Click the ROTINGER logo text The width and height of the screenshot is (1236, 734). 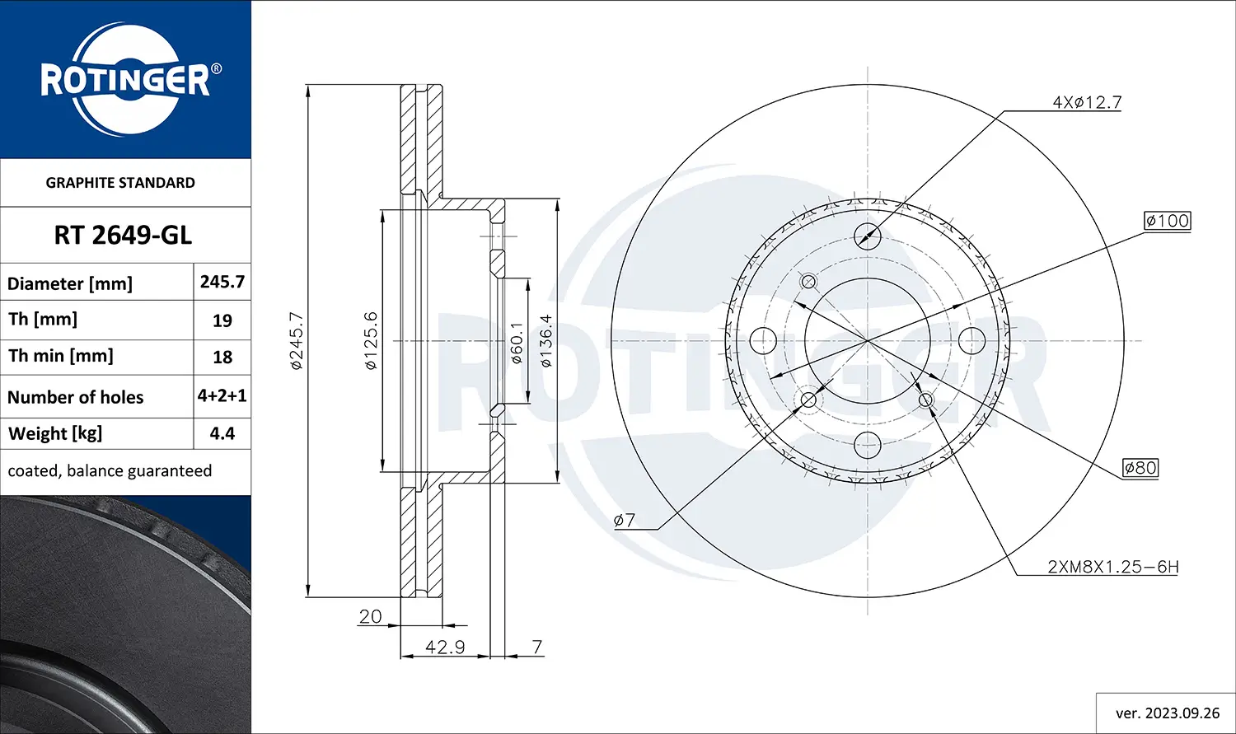[x=125, y=80]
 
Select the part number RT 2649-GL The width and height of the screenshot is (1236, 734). [x=123, y=236]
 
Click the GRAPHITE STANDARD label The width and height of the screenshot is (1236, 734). [x=120, y=183]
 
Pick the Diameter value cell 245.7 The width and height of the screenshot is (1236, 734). [x=222, y=282]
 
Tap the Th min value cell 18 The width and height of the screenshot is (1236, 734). [x=222, y=357]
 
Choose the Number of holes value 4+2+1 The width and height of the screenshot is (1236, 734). [x=222, y=395]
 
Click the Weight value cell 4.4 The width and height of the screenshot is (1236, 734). [x=222, y=433]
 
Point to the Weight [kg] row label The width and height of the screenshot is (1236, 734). [x=55, y=433]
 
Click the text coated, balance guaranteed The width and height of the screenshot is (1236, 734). [x=110, y=471]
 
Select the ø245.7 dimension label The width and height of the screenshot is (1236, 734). [x=297, y=341]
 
